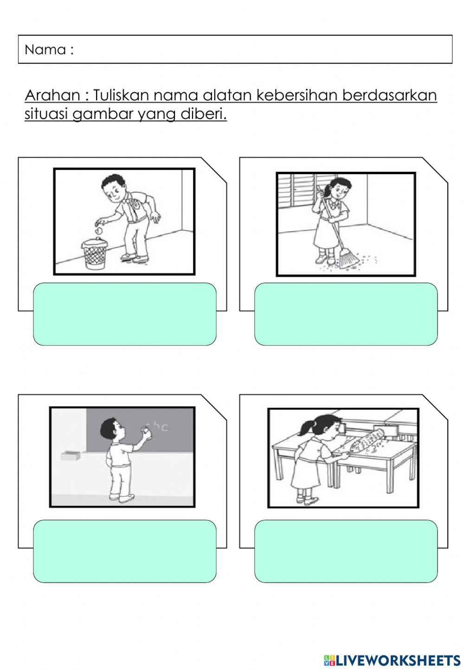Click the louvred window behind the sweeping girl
coord(297,195)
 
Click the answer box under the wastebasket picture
coord(124,314)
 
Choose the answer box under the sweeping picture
coord(346,314)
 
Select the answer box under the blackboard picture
coord(124,551)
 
